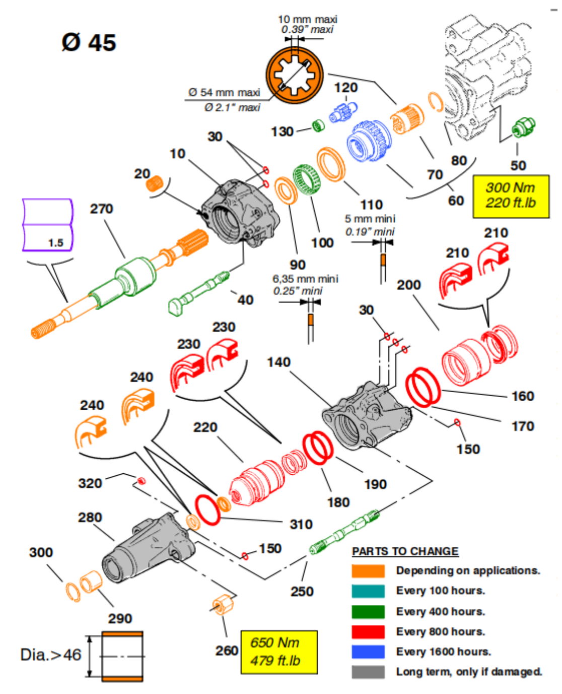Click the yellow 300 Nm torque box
pos(510,196)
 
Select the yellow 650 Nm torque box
pos(278,652)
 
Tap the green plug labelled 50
pos(523,127)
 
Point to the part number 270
pos(102,209)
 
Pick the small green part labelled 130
pos(318,125)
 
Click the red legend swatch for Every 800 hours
pos(368,632)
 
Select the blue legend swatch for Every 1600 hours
pos(368,652)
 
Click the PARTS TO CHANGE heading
pos(405,551)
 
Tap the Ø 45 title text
pos(89,42)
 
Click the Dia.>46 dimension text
pos(51,655)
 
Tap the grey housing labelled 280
pos(149,549)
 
